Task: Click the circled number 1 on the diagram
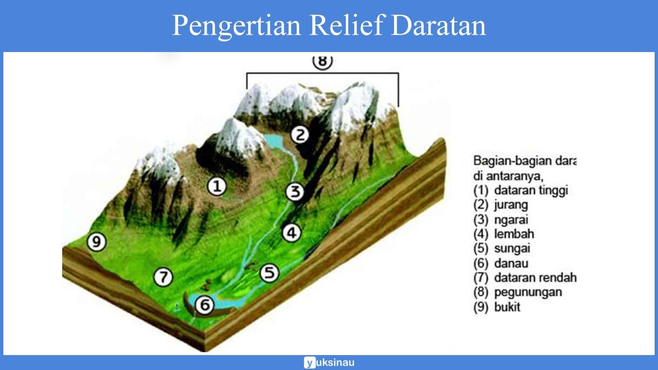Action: (217, 186)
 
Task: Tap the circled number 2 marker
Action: (300, 134)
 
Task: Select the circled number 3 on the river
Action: (294, 192)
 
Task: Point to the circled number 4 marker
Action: (291, 233)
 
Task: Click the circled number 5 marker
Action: (269, 273)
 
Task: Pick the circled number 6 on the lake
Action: (205, 304)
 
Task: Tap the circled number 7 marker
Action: (163, 277)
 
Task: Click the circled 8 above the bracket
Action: (322, 62)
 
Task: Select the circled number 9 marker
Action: (96, 242)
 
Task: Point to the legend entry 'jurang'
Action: (510, 205)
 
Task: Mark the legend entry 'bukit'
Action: (507, 307)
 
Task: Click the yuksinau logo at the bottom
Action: (329, 362)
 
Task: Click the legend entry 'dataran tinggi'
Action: (531, 190)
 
